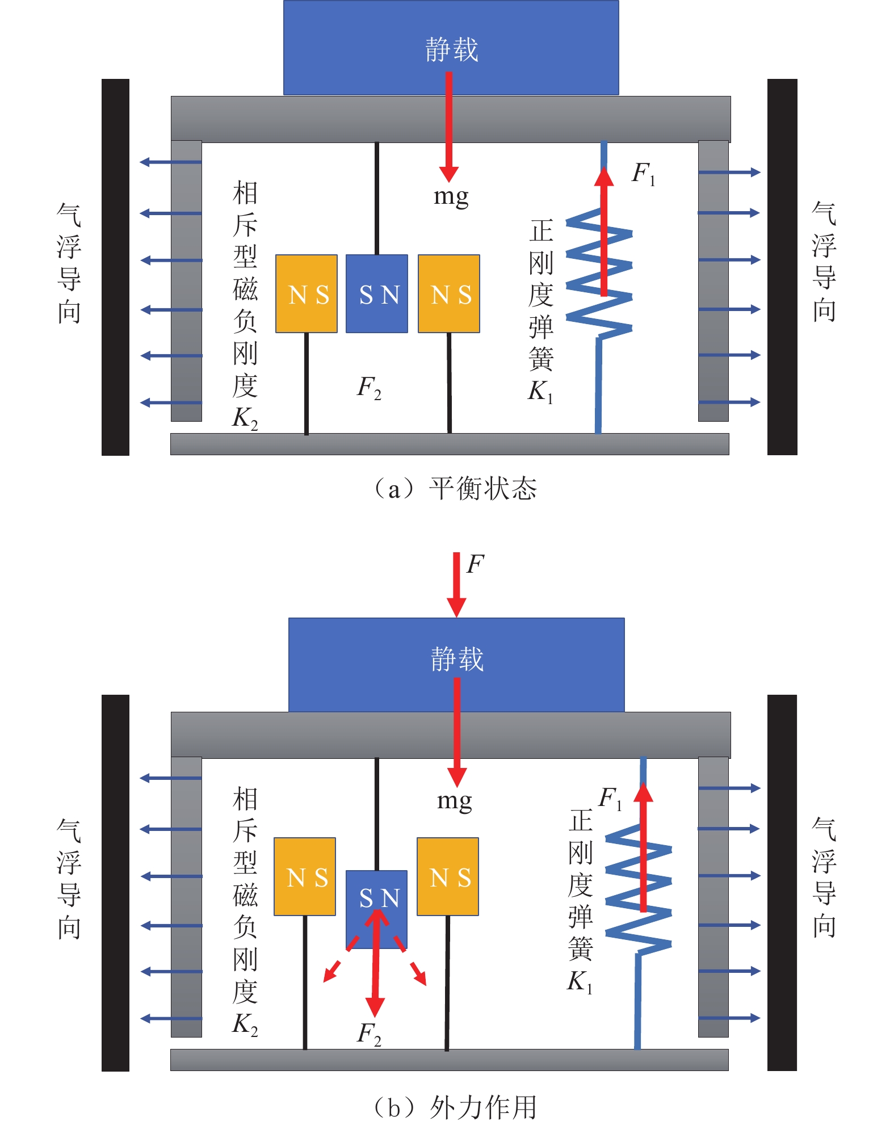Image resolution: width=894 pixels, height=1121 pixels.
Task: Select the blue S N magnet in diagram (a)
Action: [x=377, y=294]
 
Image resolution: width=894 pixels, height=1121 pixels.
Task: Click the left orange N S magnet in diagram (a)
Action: [x=307, y=294]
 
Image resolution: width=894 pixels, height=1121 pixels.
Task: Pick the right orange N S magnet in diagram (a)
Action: [x=449, y=294]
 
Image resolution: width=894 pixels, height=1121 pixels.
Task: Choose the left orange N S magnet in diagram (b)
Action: [x=305, y=877]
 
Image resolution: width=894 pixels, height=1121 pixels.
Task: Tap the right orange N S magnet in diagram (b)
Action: [x=448, y=877]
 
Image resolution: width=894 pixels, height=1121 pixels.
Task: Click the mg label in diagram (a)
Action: [x=451, y=197]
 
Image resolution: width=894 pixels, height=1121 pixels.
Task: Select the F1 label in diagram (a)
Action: [x=643, y=173]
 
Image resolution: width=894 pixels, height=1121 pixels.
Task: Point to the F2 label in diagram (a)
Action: [x=369, y=388]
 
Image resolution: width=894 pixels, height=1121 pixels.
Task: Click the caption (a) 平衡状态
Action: [x=454, y=489]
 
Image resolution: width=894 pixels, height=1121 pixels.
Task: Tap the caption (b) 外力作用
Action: [x=454, y=1106]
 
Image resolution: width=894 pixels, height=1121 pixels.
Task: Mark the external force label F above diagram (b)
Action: [x=475, y=564]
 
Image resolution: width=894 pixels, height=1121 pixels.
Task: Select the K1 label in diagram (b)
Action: [x=580, y=981]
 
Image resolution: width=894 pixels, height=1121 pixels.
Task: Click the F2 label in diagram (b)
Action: [x=369, y=1034]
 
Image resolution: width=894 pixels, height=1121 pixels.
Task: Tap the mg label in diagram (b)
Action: [x=455, y=801]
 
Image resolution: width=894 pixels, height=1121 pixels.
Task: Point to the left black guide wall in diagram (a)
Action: [x=115, y=267]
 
